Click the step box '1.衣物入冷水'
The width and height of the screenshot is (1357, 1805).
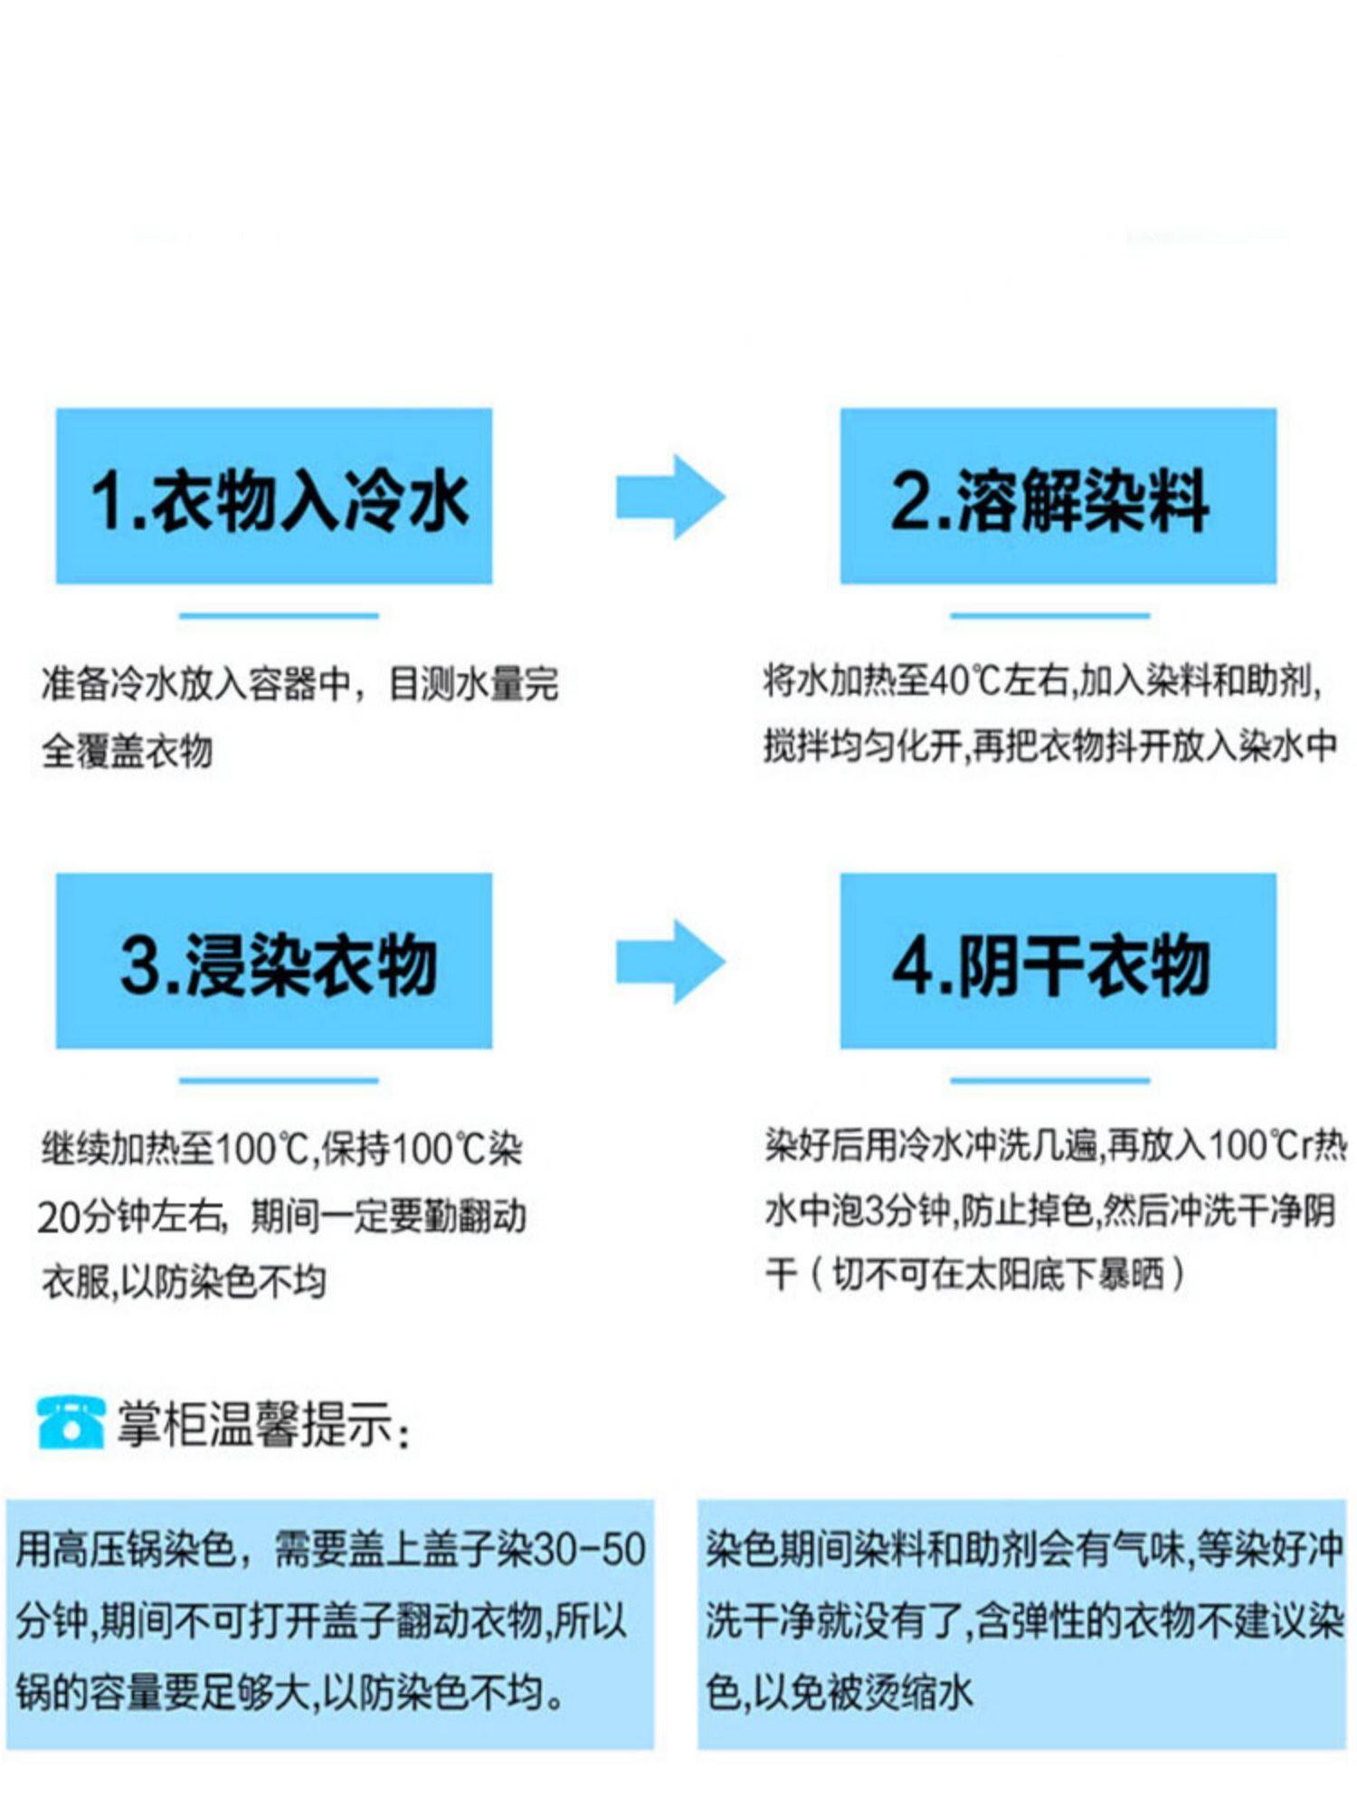pyautogui.click(x=274, y=496)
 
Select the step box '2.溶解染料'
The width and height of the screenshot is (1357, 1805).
pyautogui.click(x=1058, y=496)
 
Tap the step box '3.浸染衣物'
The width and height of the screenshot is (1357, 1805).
pyautogui.click(x=274, y=961)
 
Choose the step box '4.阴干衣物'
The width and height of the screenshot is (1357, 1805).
pyautogui.click(x=1058, y=961)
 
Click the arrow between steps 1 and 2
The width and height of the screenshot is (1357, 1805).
pyautogui.click(x=670, y=497)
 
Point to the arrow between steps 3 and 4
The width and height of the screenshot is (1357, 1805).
pyautogui.click(x=670, y=961)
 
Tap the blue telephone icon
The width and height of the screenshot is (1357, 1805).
pyautogui.click(x=70, y=1423)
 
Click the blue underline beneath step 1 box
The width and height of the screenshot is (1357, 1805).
pyautogui.click(x=279, y=616)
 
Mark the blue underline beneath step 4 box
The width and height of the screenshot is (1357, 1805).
pyautogui.click(x=1049, y=1080)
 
